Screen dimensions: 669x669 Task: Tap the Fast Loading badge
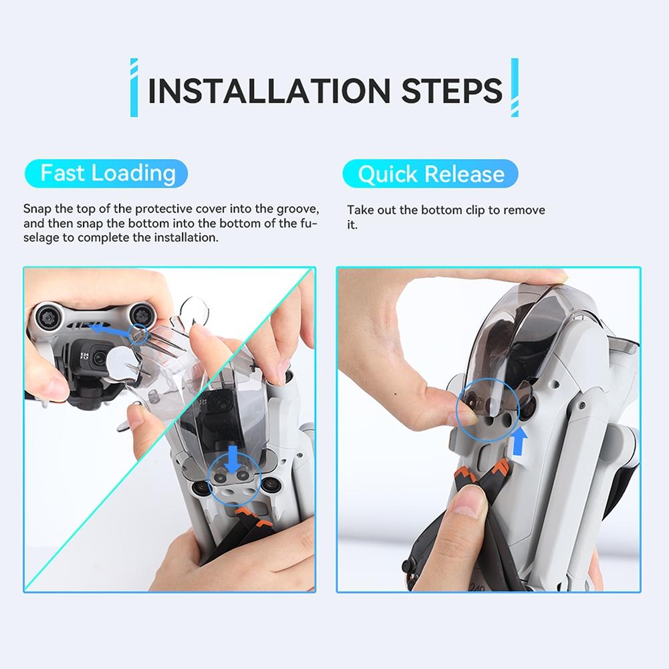(x=108, y=174)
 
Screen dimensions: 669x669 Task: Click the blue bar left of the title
(x=134, y=88)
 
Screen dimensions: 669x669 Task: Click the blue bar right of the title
(x=515, y=88)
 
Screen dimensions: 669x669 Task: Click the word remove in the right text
(x=525, y=210)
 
